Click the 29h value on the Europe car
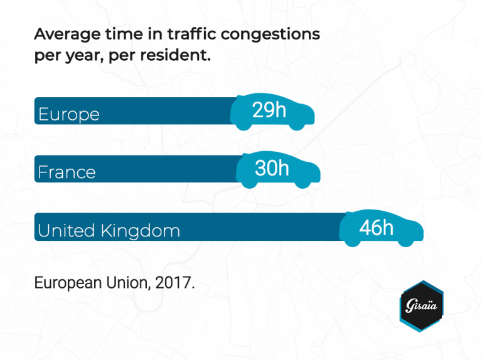pyautogui.click(x=269, y=110)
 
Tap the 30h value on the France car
pyautogui.click(x=272, y=168)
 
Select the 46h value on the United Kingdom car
pyautogui.click(x=376, y=227)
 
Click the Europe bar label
pyautogui.click(x=69, y=115)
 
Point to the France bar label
pyautogui.click(x=67, y=172)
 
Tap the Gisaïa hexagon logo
pyautogui.click(x=421, y=306)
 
